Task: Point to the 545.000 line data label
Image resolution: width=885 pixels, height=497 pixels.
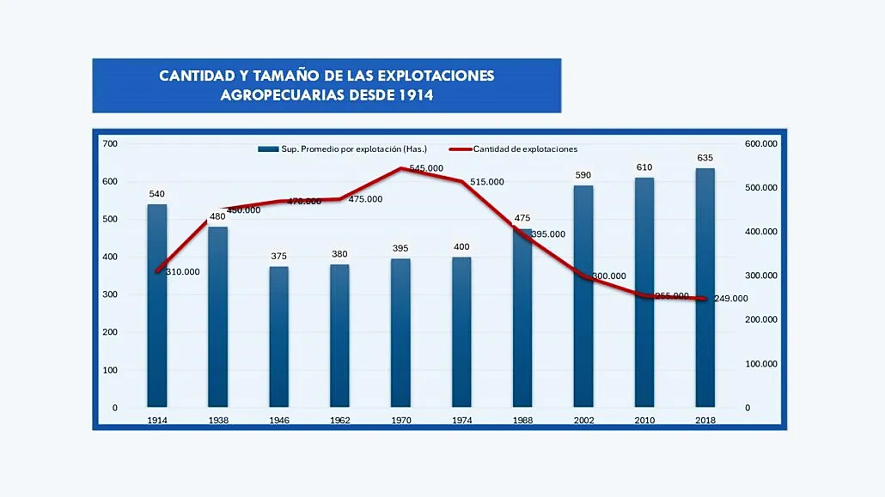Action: [427, 168]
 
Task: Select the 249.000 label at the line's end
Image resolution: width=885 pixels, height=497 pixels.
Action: [731, 299]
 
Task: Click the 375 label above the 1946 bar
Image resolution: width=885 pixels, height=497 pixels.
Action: [279, 256]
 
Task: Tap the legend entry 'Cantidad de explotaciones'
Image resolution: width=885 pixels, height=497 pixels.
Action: [525, 149]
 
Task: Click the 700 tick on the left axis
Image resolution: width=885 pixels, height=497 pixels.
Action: [110, 143]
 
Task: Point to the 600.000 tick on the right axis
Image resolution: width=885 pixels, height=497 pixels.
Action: [761, 143]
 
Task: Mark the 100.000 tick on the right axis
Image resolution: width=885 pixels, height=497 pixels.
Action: [761, 364]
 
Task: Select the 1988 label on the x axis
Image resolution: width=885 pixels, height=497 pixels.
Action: [522, 421]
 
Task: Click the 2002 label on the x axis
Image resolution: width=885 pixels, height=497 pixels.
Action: [583, 421]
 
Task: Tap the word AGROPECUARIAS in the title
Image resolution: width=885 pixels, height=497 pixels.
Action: [282, 95]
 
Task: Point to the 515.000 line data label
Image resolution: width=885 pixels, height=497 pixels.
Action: [487, 182]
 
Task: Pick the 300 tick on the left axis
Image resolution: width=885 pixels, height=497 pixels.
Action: [110, 294]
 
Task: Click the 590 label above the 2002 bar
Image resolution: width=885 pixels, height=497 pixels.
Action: [583, 175]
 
